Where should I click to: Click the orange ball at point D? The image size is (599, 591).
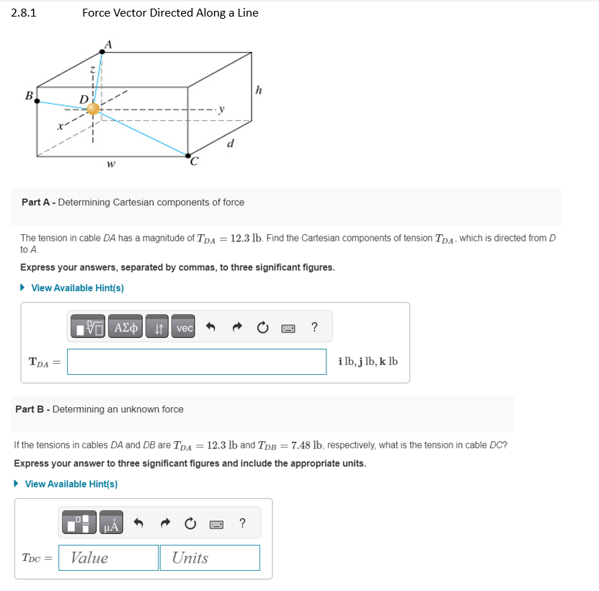pyautogui.click(x=93, y=110)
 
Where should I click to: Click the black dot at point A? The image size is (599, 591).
pyautogui.click(x=100, y=52)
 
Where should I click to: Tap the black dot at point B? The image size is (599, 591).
pyautogui.click(x=37, y=100)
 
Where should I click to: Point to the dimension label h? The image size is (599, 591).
pyautogui.click(x=258, y=90)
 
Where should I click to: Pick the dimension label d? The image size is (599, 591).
pyautogui.click(x=230, y=143)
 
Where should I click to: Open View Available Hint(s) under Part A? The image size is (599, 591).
pyautogui.click(x=77, y=288)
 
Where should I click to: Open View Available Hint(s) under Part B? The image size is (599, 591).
pyautogui.click(x=71, y=484)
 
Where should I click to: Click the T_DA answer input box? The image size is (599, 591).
pyautogui.click(x=197, y=362)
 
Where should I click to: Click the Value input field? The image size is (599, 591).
pyautogui.click(x=114, y=558)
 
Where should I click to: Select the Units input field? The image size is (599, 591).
pyautogui.click(x=216, y=558)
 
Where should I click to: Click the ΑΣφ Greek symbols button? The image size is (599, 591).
pyautogui.click(x=127, y=328)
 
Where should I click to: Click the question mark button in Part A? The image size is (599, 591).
pyautogui.click(x=314, y=328)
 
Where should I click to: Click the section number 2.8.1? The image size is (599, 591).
pyautogui.click(x=24, y=13)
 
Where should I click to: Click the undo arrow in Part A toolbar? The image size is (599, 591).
pyautogui.click(x=211, y=328)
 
